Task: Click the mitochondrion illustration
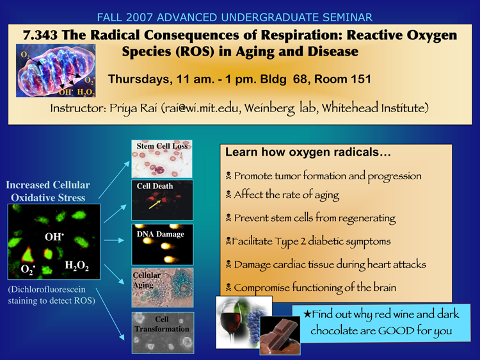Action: click(56, 70)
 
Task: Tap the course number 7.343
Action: click(40, 35)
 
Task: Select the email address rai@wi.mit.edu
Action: click(201, 108)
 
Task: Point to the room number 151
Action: click(361, 79)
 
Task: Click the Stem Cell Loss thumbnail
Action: click(162, 159)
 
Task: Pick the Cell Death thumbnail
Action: click(163, 200)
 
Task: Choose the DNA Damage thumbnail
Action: click(163, 244)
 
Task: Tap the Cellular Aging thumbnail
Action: click(163, 288)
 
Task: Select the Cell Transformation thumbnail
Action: click(163, 332)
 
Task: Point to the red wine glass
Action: click(231, 323)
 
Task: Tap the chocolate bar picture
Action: click(280, 335)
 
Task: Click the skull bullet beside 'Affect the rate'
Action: click(228, 195)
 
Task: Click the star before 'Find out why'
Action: click(307, 314)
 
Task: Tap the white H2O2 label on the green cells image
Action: click(77, 266)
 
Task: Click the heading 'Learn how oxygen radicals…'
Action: click(308, 152)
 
